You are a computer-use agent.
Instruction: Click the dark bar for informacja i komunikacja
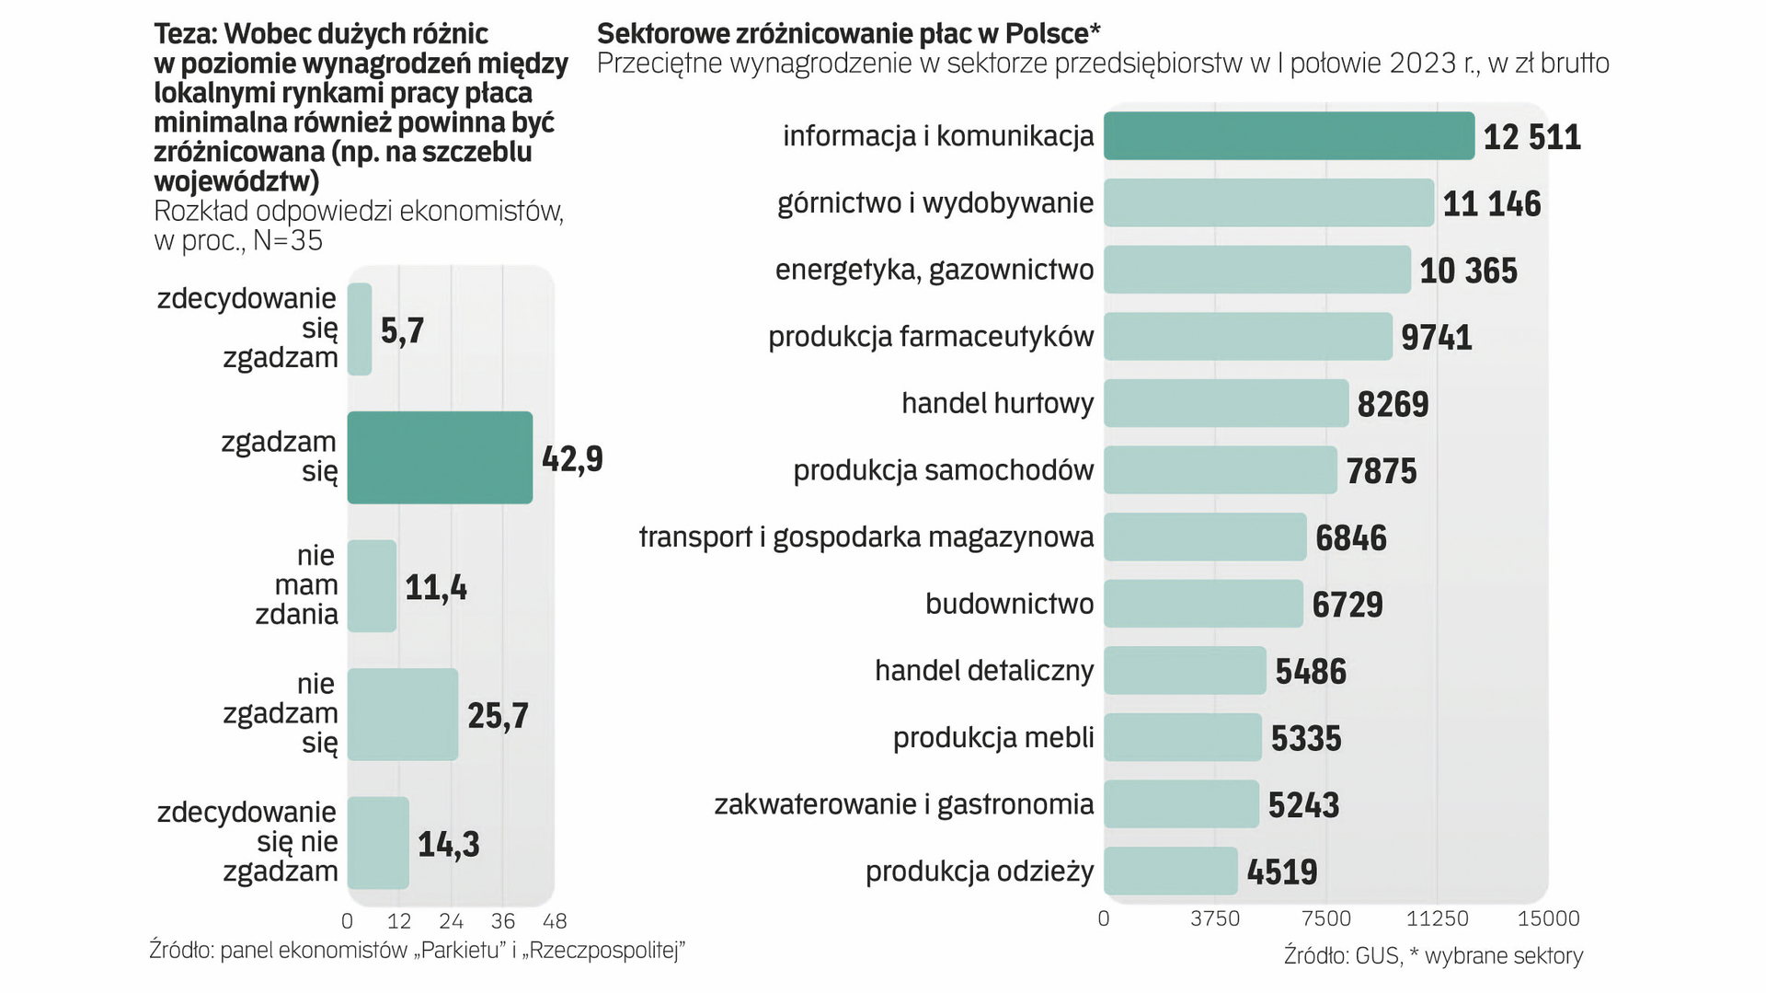pyautogui.click(x=1288, y=136)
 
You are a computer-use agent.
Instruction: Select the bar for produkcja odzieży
pyautogui.click(x=1170, y=871)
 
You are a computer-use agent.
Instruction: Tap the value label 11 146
pyautogui.click(x=1491, y=203)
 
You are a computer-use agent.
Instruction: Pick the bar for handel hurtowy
pyautogui.click(x=1225, y=403)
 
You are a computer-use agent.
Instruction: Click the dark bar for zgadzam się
pyautogui.click(x=440, y=457)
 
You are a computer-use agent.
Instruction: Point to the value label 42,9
pyautogui.click(x=572, y=458)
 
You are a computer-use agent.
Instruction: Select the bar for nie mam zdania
pyautogui.click(x=372, y=585)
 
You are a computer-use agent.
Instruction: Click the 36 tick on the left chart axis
pyautogui.click(x=502, y=921)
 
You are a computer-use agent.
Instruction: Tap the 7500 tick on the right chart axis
pyautogui.click(x=1326, y=918)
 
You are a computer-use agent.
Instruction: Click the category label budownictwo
pyautogui.click(x=1009, y=604)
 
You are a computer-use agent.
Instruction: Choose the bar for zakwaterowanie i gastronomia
pyautogui.click(x=1181, y=804)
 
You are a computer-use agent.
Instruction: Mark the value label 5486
pyautogui.click(x=1310, y=672)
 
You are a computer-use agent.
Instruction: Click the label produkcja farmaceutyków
pyautogui.click(x=931, y=337)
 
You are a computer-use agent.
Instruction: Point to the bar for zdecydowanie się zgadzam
pyautogui.click(x=360, y=329)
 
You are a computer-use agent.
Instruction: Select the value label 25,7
pyautogui.click(x=498, y=715)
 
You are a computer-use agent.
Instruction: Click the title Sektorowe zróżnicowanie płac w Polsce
pyautogui.click(x=848, y=34)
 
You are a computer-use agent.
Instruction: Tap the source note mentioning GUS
pyautogui.click(x=1433, y=956)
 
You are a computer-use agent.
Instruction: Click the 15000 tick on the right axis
pyautogui.click(x=1548, y=918)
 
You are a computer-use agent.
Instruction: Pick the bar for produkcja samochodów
pyautogui.click(x=1220, y=470)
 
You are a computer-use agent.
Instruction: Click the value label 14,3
pyautogui.click(x=448, y=844)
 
